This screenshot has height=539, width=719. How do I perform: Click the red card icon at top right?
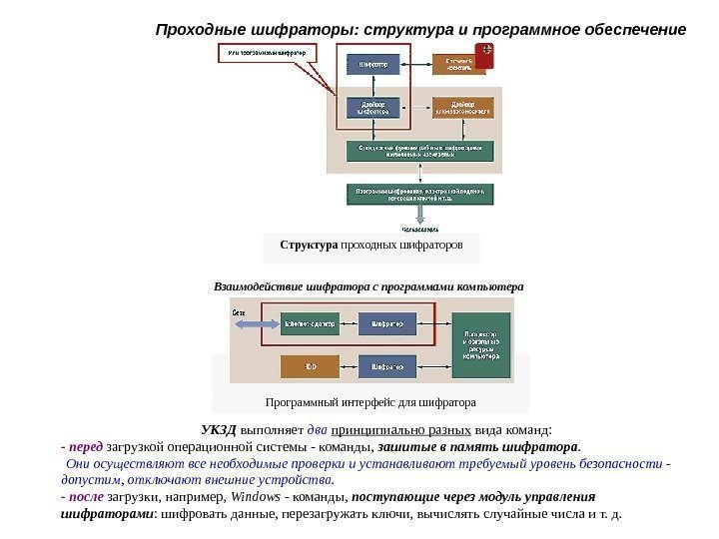click(x=485, y=56)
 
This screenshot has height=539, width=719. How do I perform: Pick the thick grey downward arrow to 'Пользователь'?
click(x=420, y=214)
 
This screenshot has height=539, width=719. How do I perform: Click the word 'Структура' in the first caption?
click(x=309, y=245)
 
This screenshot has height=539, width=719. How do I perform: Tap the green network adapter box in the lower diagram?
click(x=310, y=324)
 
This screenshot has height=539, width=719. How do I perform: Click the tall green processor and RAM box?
click(x=480, y=344)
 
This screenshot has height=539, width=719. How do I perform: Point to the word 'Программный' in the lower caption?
click(x=299, y=402)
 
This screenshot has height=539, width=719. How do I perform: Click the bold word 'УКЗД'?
click(x=218, y=431)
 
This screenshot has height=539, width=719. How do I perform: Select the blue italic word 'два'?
click(x=317, y=431)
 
